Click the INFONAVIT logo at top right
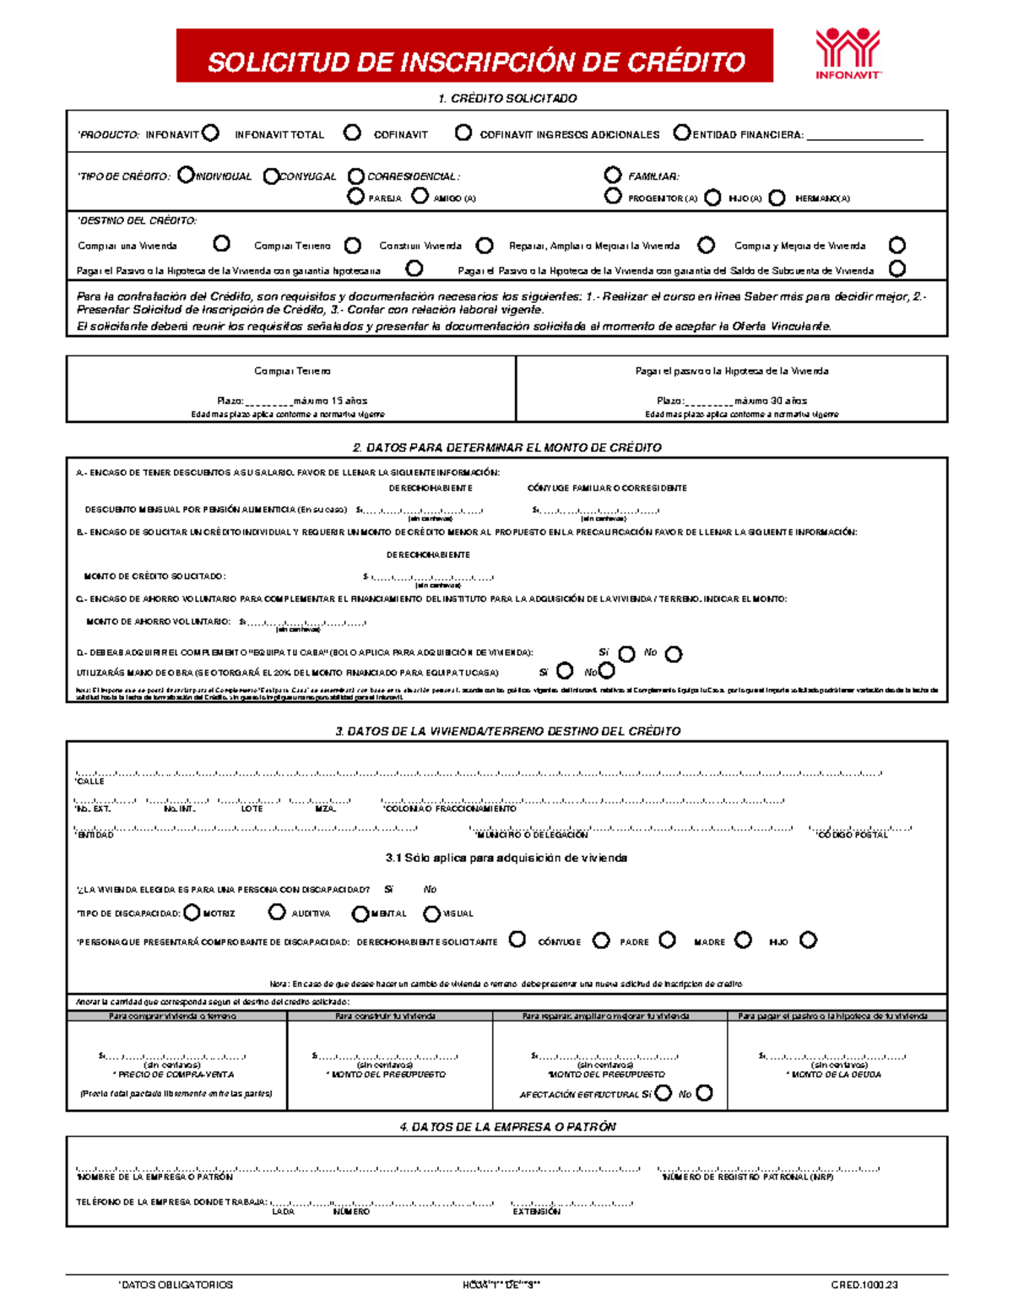point(848,53)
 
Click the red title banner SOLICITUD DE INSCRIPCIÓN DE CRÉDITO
point(475,57)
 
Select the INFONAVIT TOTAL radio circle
point(352,133)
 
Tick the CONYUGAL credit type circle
point(271,176)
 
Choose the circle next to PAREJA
point(355,196)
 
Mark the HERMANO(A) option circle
point(777,198)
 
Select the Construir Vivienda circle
point(485,246)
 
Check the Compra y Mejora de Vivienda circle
point(897,246)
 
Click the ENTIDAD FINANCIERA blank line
point(864,135)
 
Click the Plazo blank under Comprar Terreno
point(268,402)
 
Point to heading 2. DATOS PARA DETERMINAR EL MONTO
point(506,447)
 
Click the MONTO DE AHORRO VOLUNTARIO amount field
point(304,623)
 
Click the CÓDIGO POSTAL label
point(853,835)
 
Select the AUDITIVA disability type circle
point(277,912)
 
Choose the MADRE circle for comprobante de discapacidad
point(743,940)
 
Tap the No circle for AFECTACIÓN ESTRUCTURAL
point(704,1093)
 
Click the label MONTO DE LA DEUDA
point(834,1075)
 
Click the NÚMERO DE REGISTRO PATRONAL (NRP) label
point(748,1177)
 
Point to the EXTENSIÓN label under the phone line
point(536,1211)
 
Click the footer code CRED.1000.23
point(864,1285)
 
